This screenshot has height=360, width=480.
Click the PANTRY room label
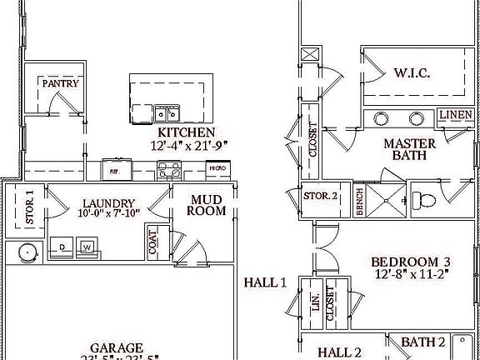pyautogui.click(x=61, y=83)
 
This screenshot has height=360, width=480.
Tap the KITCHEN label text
pyautogui.click(x=187, y=132)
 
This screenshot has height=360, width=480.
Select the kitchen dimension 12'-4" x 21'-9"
pyautogui.click(x=189, y=145)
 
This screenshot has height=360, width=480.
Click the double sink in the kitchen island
pyautogui.click(x=165, y=113)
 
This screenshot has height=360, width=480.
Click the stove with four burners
pyautogui.click(x=170, y=170)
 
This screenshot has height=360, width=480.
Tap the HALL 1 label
pyautogui.click(x=265, y=282)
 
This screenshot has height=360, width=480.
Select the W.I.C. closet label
pyautogui.click(x=411, y=73)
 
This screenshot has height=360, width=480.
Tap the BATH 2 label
pyautogui.click(x=423, y=342)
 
